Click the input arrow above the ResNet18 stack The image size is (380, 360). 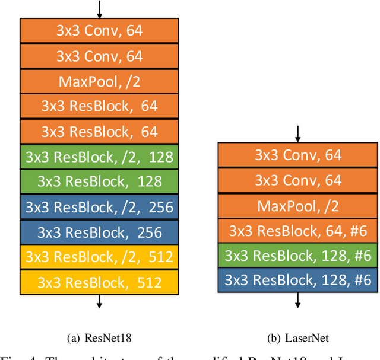click(x=99, y=9)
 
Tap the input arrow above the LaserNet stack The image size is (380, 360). click(x=297, y=133)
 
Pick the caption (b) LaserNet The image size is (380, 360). click(x=297, y=338)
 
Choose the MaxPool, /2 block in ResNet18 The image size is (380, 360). click(x=99, y=81)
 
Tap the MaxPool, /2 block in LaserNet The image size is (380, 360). click(x=297, y=205)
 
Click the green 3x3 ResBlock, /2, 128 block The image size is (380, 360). click(x=99, y=156)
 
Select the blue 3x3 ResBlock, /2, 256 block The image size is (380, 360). click(x=99, y=206)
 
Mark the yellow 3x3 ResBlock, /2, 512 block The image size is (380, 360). click(x=99, y=256)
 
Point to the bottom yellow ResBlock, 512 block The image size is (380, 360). click(x=99, y=281)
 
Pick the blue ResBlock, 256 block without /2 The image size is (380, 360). click(x=99, y=231)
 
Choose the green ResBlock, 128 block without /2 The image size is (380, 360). click(x=99, y=181)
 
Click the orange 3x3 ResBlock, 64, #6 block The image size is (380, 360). click(x=297, y=230)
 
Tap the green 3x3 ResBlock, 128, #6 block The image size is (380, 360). click(x=297, y=256)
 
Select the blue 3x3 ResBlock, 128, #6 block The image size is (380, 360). click(x=297, y=280)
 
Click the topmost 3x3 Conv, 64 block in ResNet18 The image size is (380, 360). click(x=99, y=30)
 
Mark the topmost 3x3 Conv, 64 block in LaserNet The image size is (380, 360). click(x=297, y=155)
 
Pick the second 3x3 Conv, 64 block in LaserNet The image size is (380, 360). click(x=297, y=180)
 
